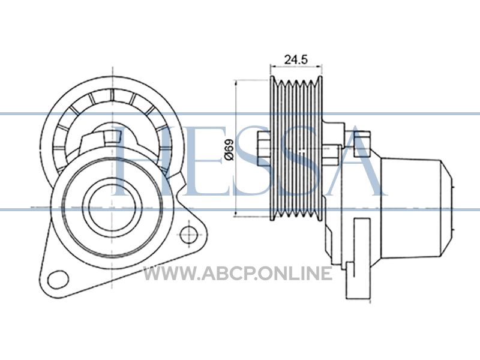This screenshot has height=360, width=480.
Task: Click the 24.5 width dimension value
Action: (295, 59)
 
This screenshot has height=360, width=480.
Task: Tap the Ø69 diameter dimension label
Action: (229, 149)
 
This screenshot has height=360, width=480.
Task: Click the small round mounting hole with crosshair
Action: (189, 235)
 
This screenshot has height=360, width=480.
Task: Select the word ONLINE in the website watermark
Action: (295, 274)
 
